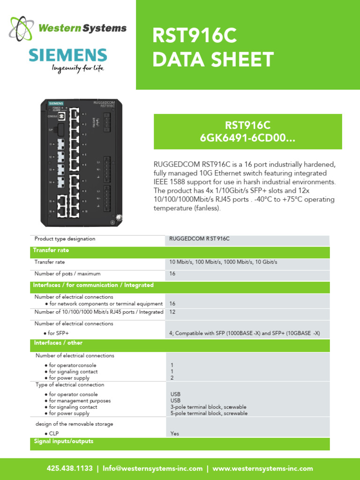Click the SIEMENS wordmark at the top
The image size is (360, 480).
68,55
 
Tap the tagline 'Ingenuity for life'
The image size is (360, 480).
77,69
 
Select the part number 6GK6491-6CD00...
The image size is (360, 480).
248,139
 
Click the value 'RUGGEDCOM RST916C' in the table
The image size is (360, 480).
200,239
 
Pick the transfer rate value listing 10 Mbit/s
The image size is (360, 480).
223,262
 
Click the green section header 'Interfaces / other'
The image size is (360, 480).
52,343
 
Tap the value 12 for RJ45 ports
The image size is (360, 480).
172,312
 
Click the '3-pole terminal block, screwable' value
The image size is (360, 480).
208,407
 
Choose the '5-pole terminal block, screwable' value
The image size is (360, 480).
208,413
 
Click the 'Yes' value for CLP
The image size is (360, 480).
175,434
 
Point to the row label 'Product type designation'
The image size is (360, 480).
65,239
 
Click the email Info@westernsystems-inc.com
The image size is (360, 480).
153,468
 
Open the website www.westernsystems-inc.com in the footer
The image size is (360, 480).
262,468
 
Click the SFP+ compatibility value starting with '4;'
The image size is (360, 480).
244,333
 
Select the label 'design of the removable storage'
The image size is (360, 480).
74,424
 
